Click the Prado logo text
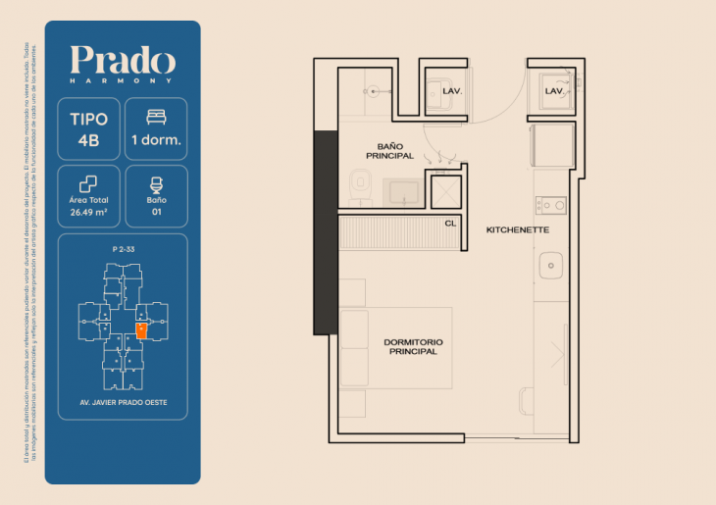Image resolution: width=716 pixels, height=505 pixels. pyautogui.click(x=123, y=61)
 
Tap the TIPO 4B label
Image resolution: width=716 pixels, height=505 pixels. pyautogui.click(x=89, y=128)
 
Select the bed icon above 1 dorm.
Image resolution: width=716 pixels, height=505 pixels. pyautogui.click(x=155, y=117)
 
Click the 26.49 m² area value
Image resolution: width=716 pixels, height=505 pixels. pyautogui.click(x=88, y=209)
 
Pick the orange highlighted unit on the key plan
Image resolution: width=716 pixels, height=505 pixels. pyautogui.click(x=142, y=330)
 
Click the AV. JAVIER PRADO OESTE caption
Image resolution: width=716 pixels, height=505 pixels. pyautogui.click(x=123, y=402)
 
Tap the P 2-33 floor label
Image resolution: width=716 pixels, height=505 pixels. pyautogui.click(x=123, y=250)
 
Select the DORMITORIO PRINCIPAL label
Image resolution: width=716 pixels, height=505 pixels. pyautogui.click(x=412, y=346)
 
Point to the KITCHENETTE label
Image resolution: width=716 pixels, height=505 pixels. pyautogui.click(x=517, y=229)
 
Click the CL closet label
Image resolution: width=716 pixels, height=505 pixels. pyautogui.click(x=450, y=224)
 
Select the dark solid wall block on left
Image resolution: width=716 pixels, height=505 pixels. pyautogui.click(x=325, y=232)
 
